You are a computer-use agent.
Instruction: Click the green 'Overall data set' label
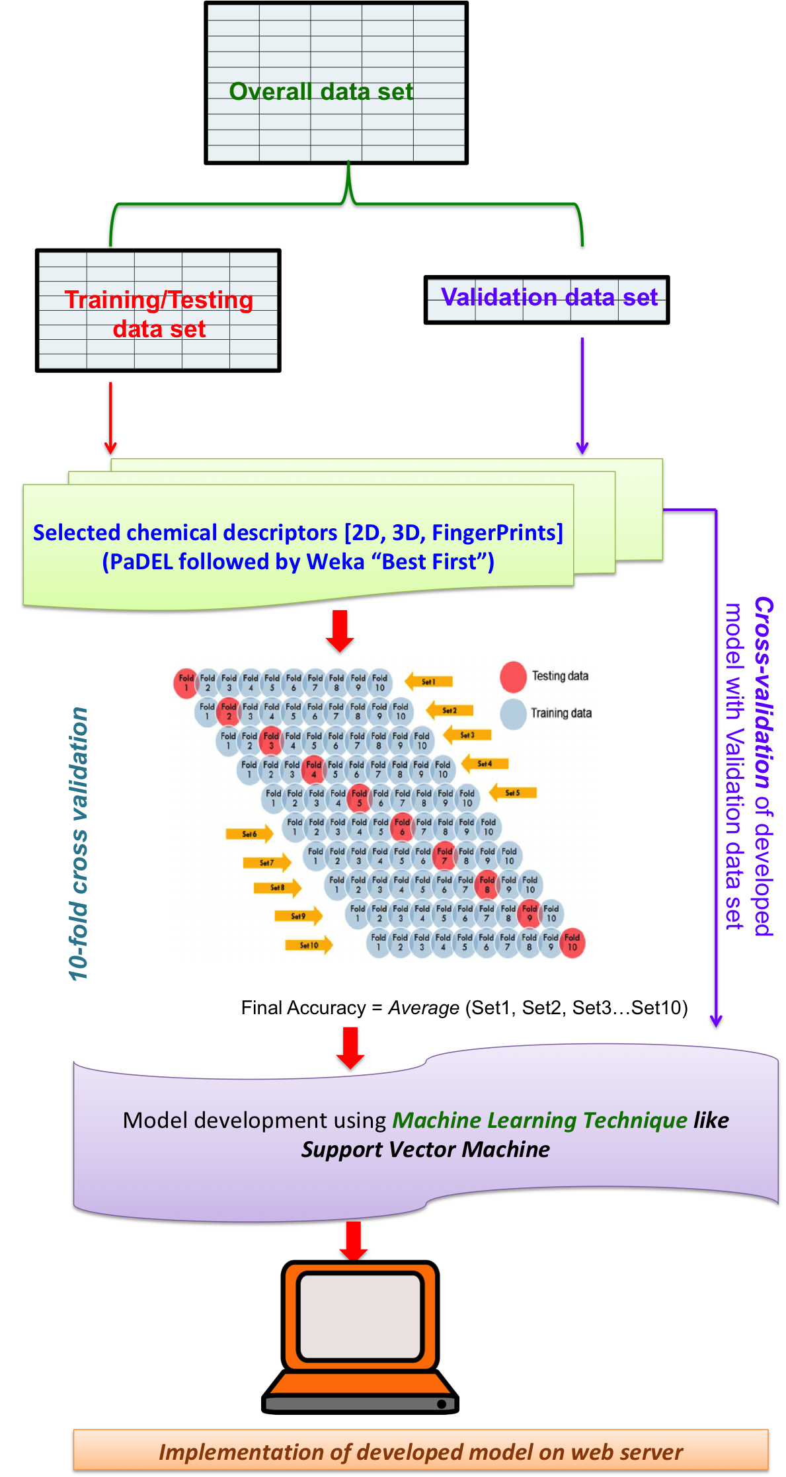pyautogui.click(x=321, y=91)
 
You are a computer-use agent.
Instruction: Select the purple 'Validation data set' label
pyautogui.click(x=549, y=298)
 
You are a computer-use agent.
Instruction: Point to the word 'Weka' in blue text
pyautogui.click(x=335, y=562)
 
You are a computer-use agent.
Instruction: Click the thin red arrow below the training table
pyautogui.click(x=110, y=417)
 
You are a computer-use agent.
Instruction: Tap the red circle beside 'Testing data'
pyautogui.click(x=513, y=676)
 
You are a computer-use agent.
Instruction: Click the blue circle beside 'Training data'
pyautogui.click(x=513, y=713)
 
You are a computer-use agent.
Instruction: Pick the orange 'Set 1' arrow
pyautogui.click(x=428, y=681)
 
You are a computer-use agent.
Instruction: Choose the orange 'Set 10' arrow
pyautogui.click(x=309, y=945)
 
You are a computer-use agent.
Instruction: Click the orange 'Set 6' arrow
pyautogui.click(x=249, y=834)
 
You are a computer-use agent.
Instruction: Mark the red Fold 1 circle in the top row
pyautogui.click(x=186, y=683)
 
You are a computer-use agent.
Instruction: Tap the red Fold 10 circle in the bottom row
pyautogui.click(x=572, y=942)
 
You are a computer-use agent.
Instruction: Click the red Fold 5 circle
pyautogui.click(x=359, y=798)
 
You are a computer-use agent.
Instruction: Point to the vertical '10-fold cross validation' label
pyautogui.click(x=79, y=844)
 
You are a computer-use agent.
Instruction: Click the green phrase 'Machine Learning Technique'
pyautogui.click(x=540, y=1120)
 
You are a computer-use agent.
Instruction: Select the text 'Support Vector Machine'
pyautogui.click(x=426, y=1149)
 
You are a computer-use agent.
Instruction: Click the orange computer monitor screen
pyautogui.click(x=360, y=1316)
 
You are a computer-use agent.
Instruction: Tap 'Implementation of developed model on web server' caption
pyautogui.click(x=420, y=1452)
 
